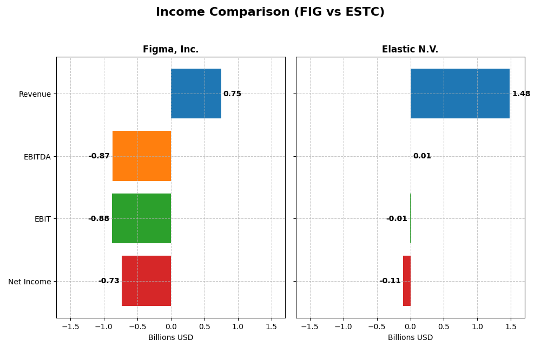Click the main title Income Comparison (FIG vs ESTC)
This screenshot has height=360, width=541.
pos(270,12)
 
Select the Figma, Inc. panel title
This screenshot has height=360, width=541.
pos(170,49)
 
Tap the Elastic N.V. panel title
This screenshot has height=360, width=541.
pos(410,49)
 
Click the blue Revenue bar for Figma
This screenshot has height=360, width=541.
pos(196,94)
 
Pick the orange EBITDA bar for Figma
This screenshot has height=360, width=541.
pos(142,156)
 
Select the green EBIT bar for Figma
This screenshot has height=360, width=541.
pos(141,218)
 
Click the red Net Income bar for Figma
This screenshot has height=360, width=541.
pos(146,281)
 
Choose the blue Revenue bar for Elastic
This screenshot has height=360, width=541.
pos(460,94)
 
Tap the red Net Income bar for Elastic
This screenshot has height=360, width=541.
pos(407,281)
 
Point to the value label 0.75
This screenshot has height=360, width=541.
pos(232,94)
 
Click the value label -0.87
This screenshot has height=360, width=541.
pos(99,156)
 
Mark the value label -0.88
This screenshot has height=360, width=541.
pos(98,219)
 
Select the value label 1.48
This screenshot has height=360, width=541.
pos(521,94)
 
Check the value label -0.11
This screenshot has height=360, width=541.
pos(390,281)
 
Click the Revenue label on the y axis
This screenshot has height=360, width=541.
pos(35,95)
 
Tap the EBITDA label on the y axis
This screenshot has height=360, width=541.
pos(37,157)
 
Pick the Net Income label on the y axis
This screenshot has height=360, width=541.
pos(30,282)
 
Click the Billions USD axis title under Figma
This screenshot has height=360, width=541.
pos(170,338)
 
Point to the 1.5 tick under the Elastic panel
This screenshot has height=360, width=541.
pos(511,326)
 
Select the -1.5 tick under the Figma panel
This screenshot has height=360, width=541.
pos(70,326)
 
